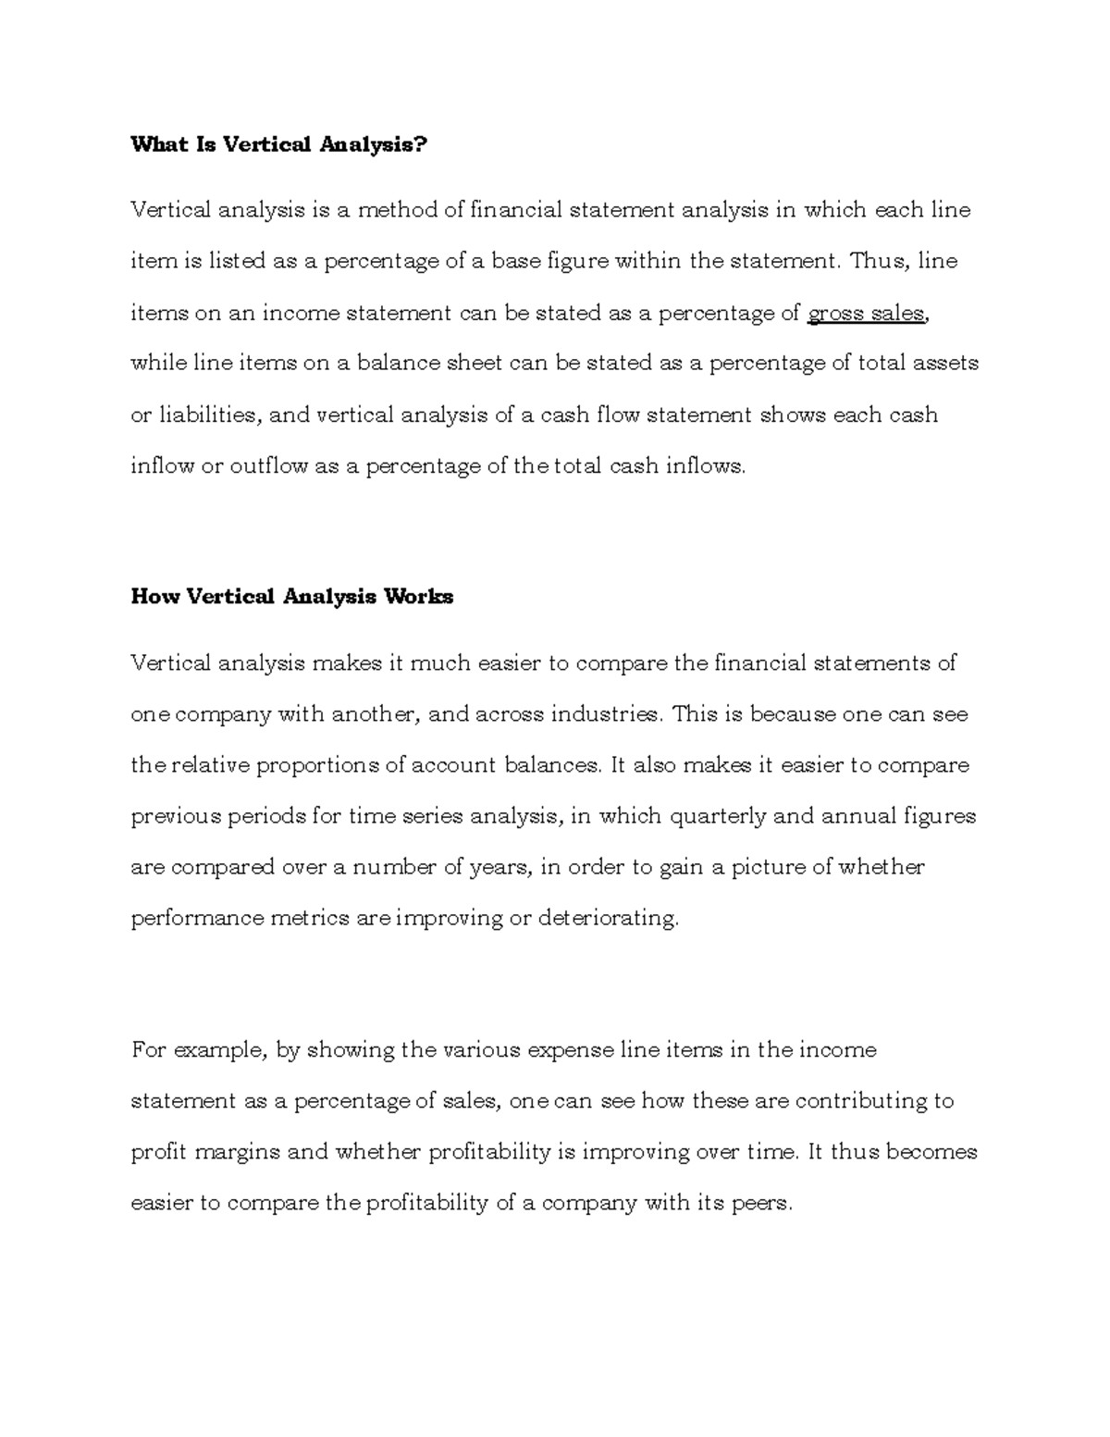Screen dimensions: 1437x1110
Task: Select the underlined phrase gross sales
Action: [866, 314]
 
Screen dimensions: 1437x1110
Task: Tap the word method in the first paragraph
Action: [398, 211]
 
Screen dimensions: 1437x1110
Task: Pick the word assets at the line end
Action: [945, 364]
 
